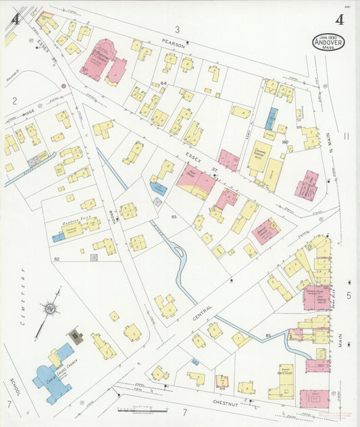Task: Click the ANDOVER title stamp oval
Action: (327, 42)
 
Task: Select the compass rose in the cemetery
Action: (49, 310)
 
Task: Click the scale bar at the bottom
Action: (141, 409)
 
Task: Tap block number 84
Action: (163, 83)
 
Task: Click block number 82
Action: (57, 259)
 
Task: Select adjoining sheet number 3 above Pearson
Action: (178, 29)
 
